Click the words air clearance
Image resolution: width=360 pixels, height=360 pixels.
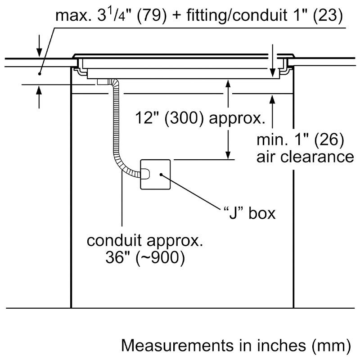pos(305,157)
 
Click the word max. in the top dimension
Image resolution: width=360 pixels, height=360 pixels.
pos(72,17)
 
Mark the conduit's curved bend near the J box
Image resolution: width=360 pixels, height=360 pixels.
pos(122,164)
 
